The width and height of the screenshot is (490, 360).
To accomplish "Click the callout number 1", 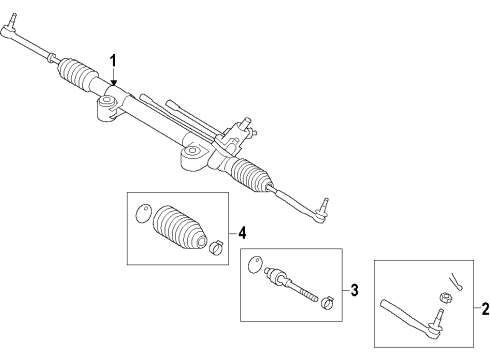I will pyautogui.click(x=113, y=59).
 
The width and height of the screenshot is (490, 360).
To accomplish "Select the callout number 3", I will pyautogui.click(x=353, y=291).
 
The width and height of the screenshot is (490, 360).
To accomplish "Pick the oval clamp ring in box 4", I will pyautogui.click(x=142, y=213).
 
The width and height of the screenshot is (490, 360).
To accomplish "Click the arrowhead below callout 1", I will pyautogui.click(x=114, y=82).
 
